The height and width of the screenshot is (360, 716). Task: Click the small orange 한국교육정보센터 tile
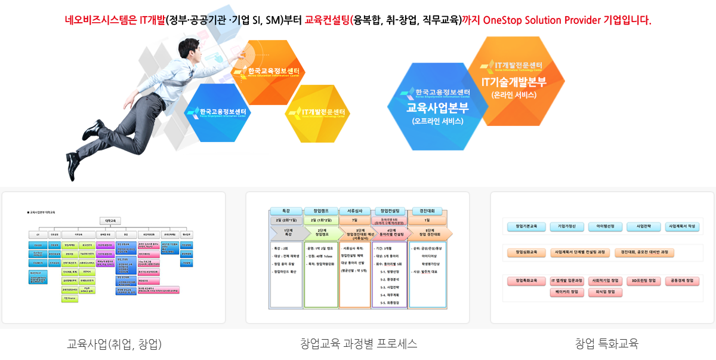274,71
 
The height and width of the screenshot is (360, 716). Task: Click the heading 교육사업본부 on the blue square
437,108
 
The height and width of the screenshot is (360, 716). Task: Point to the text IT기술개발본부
514,82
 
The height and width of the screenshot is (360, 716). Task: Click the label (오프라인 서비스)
437,122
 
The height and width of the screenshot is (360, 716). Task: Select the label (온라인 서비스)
514,95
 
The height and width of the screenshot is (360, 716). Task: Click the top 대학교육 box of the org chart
109,220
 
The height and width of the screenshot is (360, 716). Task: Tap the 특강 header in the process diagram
286,211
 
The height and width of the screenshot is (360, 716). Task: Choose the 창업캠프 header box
321,211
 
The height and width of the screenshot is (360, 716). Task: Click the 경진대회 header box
427,211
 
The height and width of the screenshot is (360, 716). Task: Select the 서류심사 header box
356,211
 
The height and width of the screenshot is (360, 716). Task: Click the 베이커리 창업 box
566,293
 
